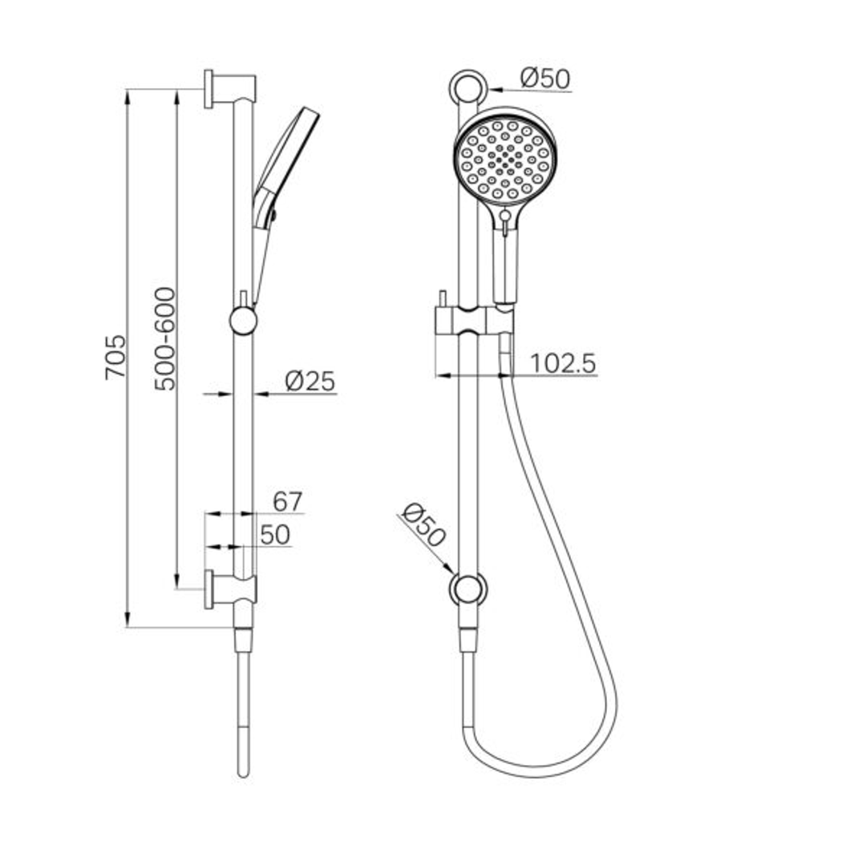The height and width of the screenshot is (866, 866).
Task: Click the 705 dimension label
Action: click(115, 357)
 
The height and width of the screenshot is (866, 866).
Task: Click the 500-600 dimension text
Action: click(165, 338)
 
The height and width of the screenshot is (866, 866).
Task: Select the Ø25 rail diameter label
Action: click(310, 382)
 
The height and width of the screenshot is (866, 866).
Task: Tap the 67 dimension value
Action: click(287, 502)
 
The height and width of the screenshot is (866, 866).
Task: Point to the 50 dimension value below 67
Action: click(275, 536)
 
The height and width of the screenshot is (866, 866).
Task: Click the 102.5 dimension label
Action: click(563, 364)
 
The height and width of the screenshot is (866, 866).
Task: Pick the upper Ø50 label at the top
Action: click(544, 79)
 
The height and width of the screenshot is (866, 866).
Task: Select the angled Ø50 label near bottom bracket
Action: click(423, 525)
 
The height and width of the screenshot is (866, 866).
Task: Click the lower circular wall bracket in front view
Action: click(467, 589)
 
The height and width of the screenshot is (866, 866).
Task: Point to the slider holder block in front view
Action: click(473, 321)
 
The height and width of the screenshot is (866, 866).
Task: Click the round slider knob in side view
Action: click(243, 321)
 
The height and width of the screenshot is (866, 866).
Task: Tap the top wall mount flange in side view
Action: click(209, 89)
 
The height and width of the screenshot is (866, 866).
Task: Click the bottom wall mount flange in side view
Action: click(209, 589)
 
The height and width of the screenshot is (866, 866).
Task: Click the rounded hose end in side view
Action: click(244, 771)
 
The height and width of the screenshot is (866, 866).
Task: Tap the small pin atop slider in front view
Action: click(442, 297)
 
